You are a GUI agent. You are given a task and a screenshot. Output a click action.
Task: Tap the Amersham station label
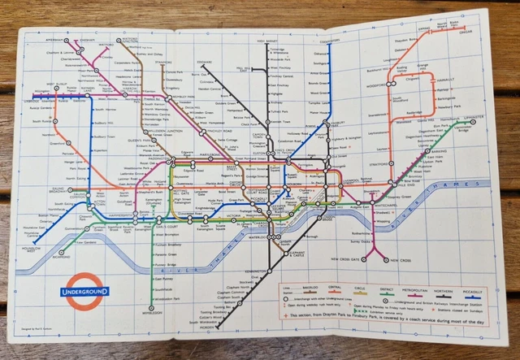[x=55, y=37]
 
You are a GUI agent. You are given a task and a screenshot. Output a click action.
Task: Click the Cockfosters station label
[x=329, y=40]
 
